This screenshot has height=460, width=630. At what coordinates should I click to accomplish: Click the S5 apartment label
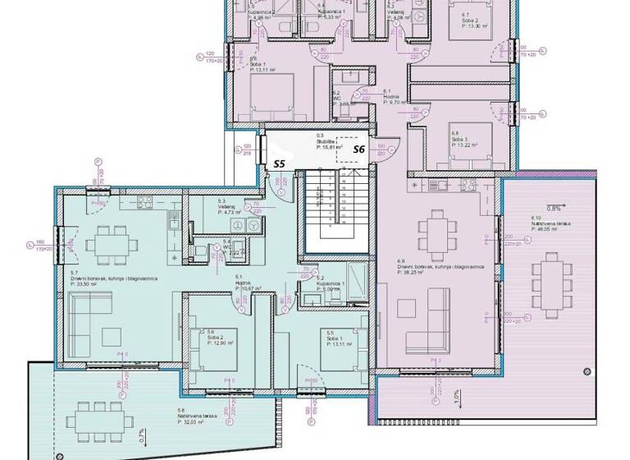coord(279,163)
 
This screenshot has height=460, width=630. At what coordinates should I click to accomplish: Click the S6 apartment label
coord(358,149)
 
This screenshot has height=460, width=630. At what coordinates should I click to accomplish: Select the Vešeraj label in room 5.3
coord(226,206)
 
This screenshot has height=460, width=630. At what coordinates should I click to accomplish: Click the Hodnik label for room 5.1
coord(244,283)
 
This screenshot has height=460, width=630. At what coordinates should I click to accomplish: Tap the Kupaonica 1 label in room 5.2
coord(318,283)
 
